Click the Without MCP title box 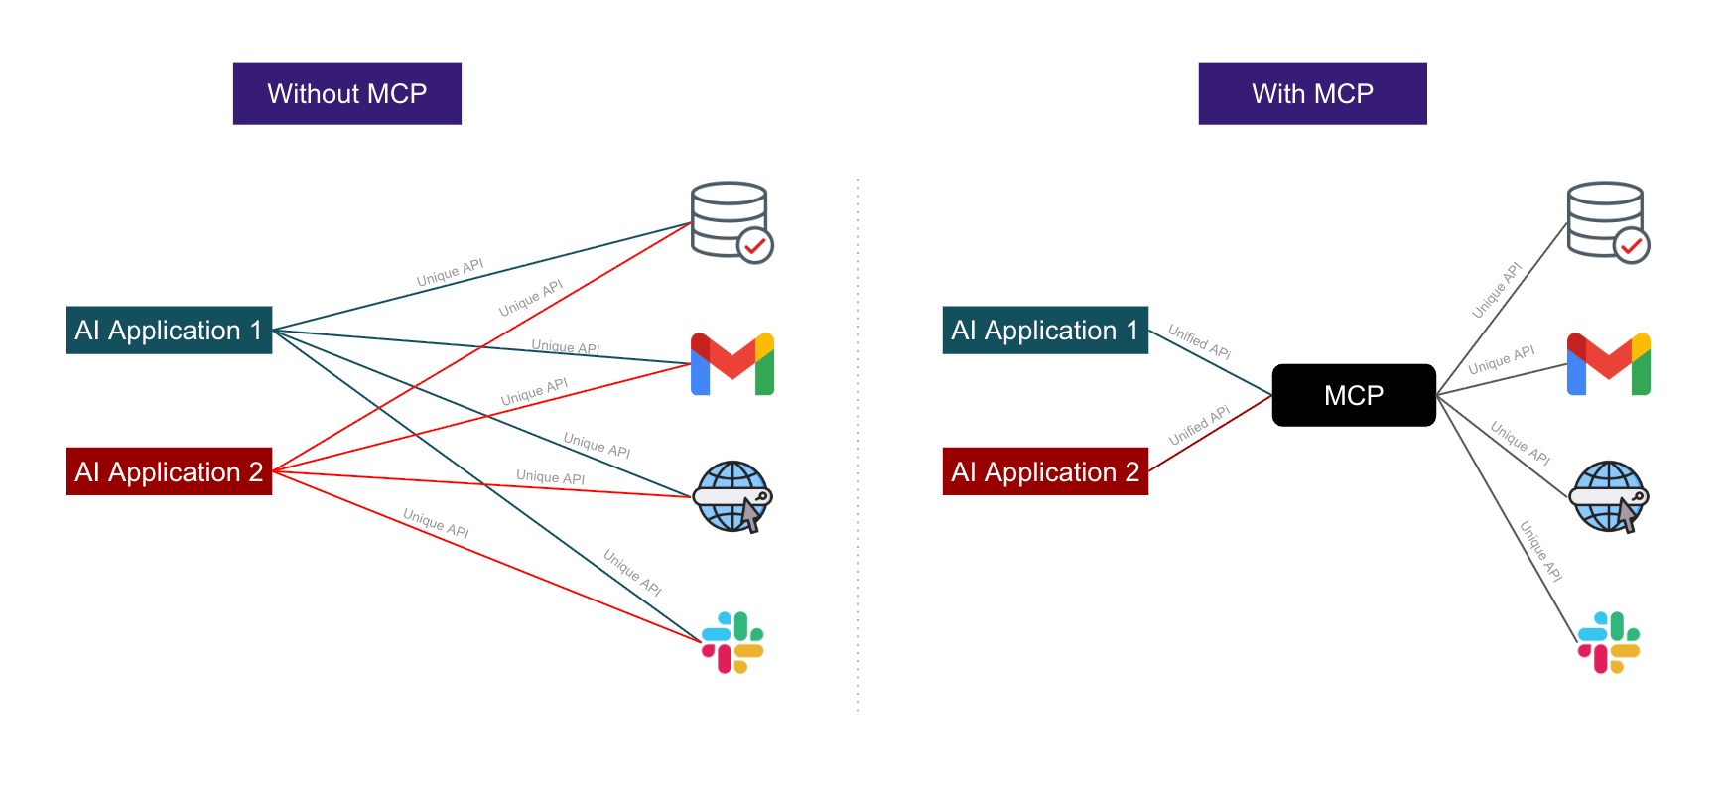[346, 93]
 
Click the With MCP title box [1312, 93]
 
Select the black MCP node [1354, 395]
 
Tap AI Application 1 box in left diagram [169, 331]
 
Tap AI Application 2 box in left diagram [169, 471]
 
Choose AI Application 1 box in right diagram [1045, 331]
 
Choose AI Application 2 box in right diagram [1045, 471]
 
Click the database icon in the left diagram [730, 219]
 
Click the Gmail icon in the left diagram [732, 364]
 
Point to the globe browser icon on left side [731, 496]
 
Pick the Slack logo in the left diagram [732, 642]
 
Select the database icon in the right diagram [1606, 219]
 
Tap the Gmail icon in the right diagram [1609, 364]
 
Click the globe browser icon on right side [1608, 496]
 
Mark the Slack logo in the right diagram [1609, 642]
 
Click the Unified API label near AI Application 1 [1199, 341]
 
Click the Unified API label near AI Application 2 [1199, 426]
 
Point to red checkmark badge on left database [755, 245]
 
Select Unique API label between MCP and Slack [1541, 552]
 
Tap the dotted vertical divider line [858, 447]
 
